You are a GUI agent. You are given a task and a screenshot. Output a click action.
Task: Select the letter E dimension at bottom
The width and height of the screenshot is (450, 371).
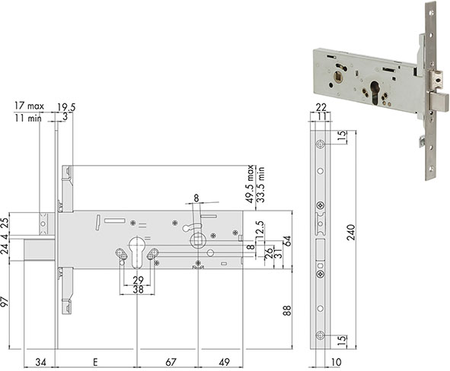click(95, 362)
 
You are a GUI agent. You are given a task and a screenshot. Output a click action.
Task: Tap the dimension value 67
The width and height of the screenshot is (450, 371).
click(171, 362)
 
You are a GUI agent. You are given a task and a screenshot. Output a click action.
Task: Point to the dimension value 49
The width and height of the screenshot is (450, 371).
click(224, 362)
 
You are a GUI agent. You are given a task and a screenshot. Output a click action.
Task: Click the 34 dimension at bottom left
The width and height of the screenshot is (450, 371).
click(40, 362)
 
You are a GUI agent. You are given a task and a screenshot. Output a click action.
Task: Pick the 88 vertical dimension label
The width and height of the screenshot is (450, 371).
click(287, 310)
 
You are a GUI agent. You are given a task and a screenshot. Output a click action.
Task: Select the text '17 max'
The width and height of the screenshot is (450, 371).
click(29, 106)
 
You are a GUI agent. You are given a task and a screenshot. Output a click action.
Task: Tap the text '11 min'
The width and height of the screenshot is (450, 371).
click(28, 118)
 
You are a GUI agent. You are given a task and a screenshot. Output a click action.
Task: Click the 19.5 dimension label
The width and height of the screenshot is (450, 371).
click(66, 107)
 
